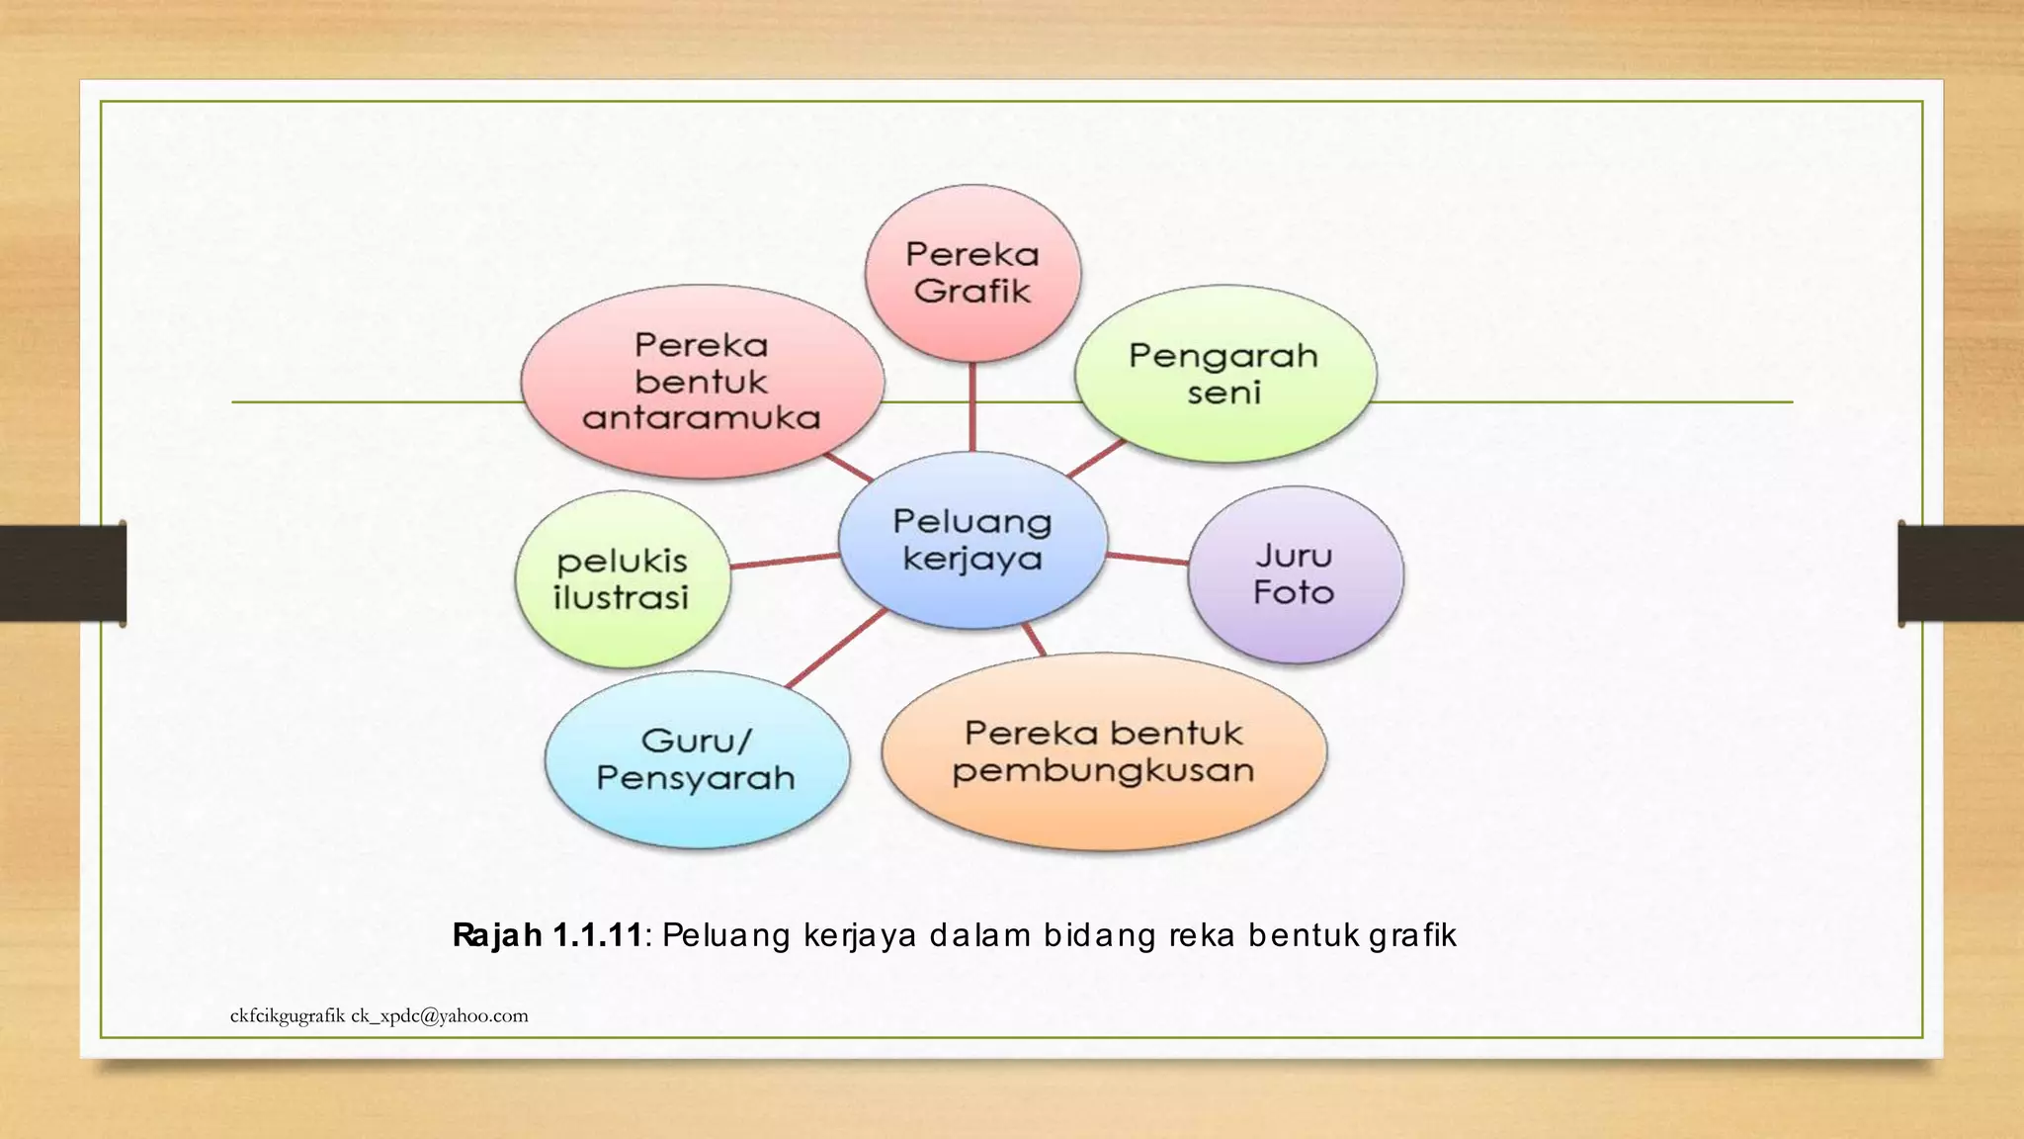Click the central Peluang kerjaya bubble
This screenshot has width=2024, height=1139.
click(972, 540)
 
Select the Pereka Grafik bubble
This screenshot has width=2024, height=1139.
click(972, 273)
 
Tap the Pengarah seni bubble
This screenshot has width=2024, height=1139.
click(1224, 374)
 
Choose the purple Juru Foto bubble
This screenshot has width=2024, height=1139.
click(1295, 574)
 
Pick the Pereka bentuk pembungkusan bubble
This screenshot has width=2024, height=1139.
click(1104, 751)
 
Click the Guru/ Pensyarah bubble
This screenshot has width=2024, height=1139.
click(697, 759)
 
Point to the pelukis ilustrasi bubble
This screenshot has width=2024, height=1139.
click(623, 579)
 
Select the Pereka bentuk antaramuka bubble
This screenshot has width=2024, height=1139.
click(702, 382)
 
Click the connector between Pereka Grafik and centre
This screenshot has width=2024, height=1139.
click(972, 405)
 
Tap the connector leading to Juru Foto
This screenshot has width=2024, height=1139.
click(1147, 559)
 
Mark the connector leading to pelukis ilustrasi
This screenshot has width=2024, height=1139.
click(785, 561)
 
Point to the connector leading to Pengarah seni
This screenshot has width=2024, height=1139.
click(1097, 458)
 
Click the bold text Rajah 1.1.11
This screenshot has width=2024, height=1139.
click(548, 934)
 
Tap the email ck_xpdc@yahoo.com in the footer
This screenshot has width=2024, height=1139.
click(440, 1015)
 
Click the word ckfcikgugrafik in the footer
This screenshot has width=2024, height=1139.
click(288, 1015)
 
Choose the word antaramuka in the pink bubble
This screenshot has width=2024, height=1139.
click(702, 418)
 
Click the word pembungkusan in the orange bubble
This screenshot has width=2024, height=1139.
click(1104, 771)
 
